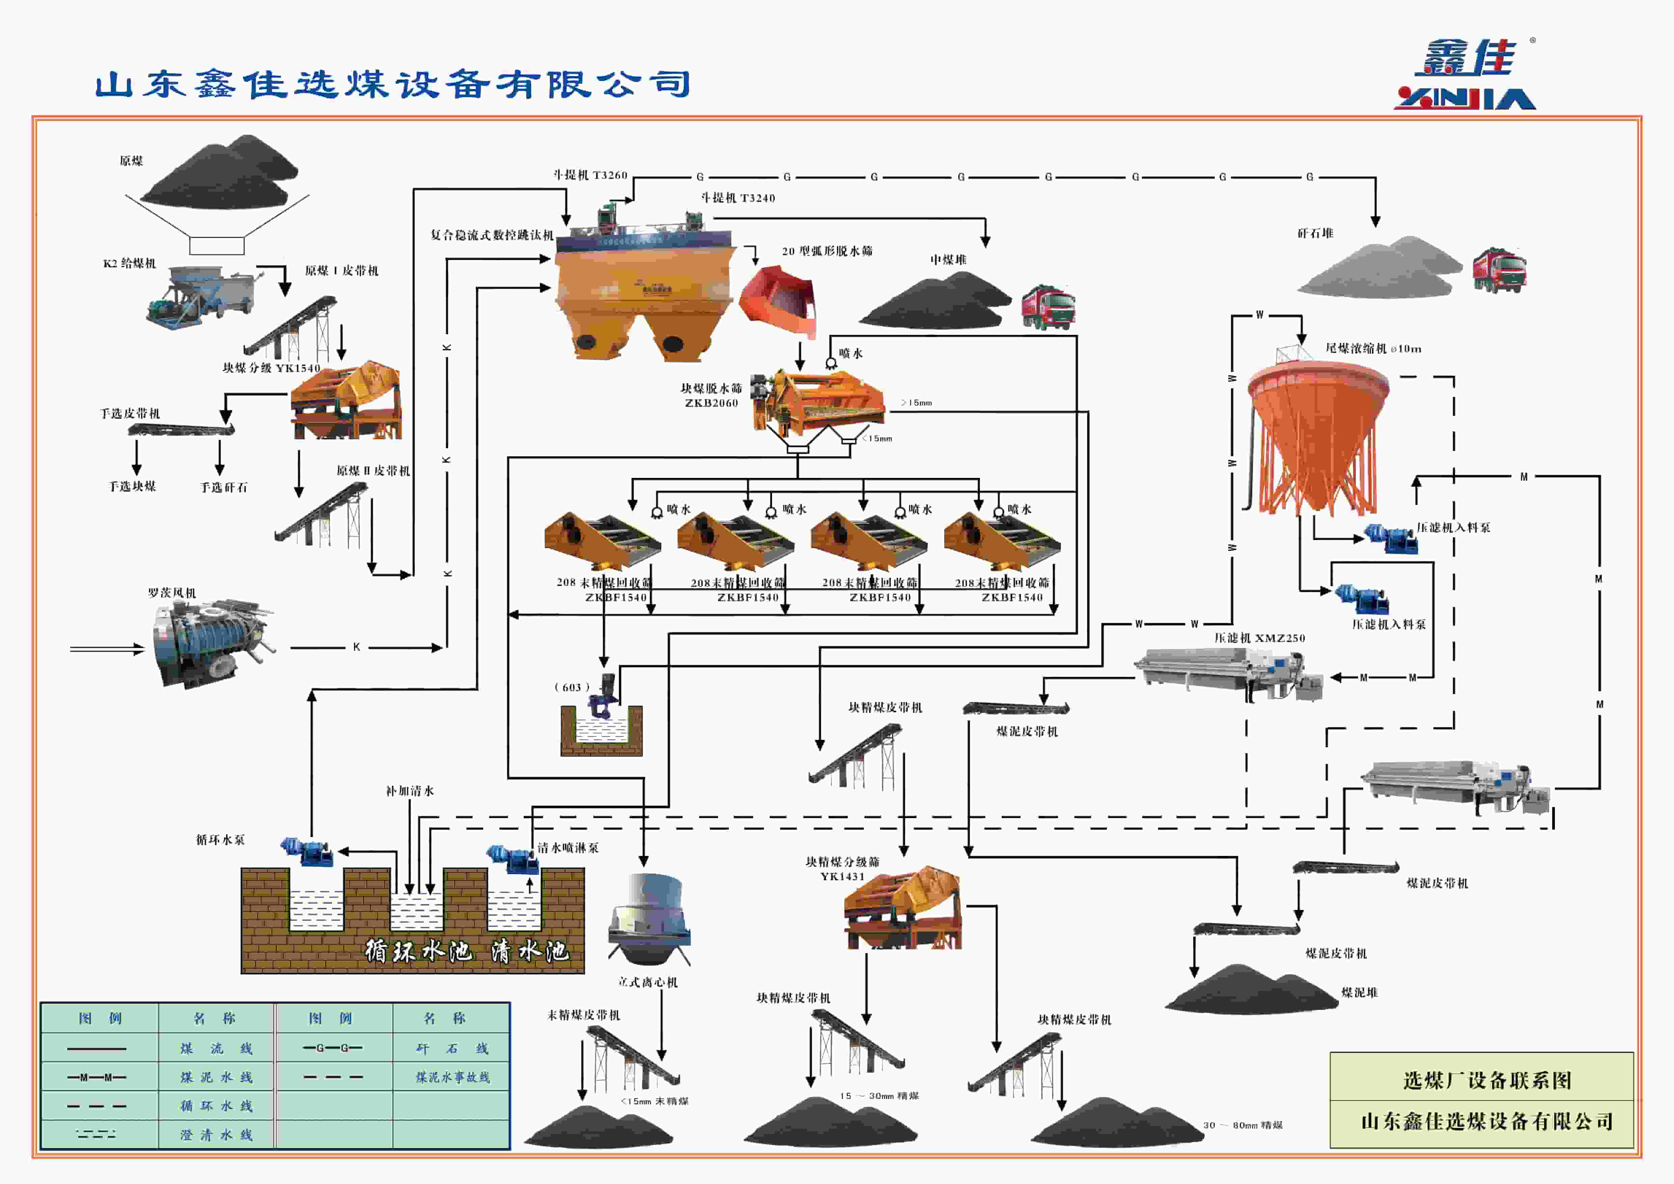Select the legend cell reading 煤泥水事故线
click(452, 1077)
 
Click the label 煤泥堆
click(1359, 992)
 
